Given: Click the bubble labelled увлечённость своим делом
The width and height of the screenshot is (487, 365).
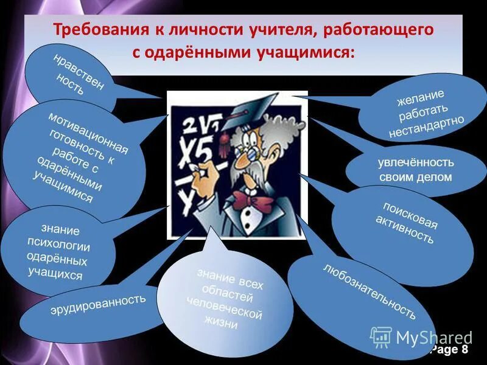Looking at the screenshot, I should [x=415, y=170].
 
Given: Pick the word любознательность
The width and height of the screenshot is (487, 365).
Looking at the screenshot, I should [x=370, y=291].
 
